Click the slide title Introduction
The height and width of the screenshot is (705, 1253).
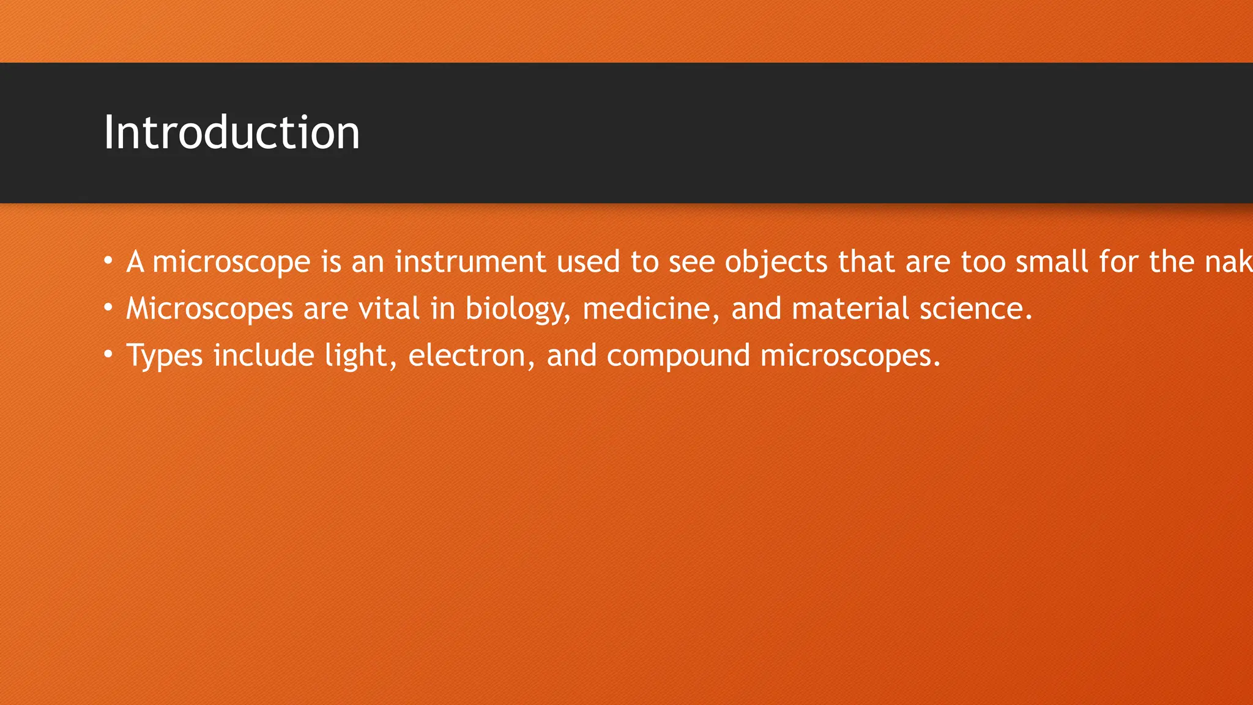pos(231,133)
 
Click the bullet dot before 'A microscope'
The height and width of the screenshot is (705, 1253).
pos(108,261)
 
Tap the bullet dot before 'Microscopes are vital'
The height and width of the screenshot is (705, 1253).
pos(108,308)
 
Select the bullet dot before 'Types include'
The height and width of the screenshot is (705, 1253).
pos(108,355)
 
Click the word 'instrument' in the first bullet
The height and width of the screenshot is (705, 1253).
pos(470,262)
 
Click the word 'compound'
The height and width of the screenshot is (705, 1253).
pos(678,356)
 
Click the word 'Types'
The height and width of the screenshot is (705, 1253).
pos(164,356)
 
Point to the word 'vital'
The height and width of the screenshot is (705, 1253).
pos(389,308)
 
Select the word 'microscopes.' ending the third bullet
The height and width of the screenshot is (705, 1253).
pos(850,356)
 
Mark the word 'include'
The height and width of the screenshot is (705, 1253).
pos(264,356)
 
